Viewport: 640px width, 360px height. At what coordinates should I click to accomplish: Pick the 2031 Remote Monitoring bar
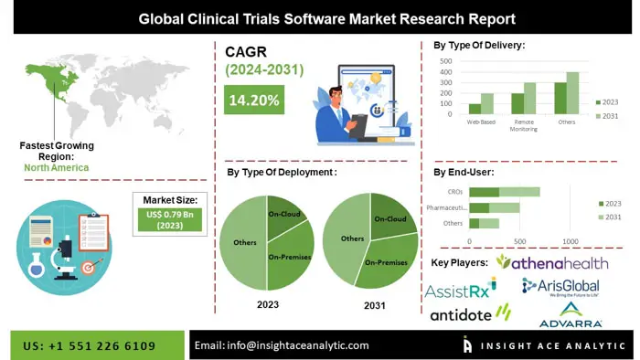click(529, 98)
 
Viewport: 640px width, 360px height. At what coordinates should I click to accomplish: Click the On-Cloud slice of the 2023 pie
click(284, 216)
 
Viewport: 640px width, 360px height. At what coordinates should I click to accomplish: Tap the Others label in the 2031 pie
click(352, 238)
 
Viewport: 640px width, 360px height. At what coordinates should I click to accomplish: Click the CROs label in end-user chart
click(455, 192)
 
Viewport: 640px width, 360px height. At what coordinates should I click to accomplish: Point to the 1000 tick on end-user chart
click(571, 241)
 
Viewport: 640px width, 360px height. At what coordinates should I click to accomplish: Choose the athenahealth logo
click(551, 263)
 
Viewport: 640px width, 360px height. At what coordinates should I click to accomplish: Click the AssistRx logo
click(460, 290)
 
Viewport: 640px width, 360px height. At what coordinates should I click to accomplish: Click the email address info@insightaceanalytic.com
click(282, 345)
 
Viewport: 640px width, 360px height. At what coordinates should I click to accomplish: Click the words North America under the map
click(56, 167)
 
